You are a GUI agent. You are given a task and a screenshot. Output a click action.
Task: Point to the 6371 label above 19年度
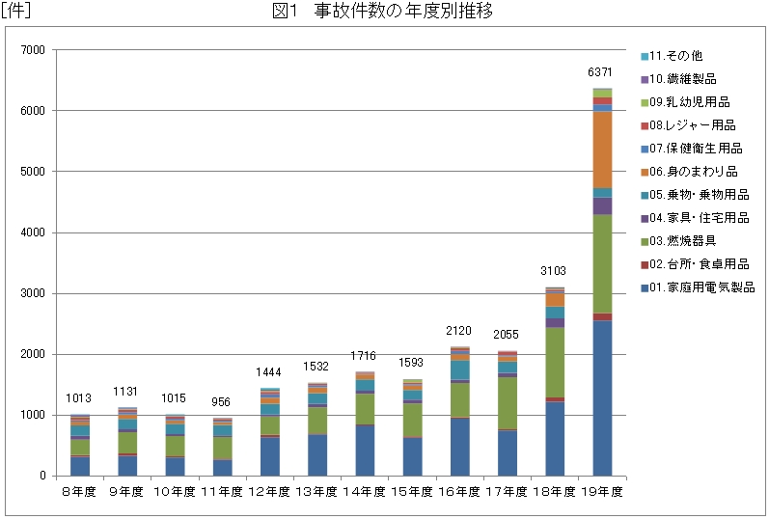pyautogui.click(x=601, y=73)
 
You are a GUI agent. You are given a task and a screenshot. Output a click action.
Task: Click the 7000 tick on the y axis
pyautogui.click(x=32, y=50)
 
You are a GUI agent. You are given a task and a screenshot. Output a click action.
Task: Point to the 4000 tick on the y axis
pyautogui.click(x=32, y=232)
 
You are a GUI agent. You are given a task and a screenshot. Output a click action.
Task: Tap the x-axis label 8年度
pyautogui.click(x=79, y=491)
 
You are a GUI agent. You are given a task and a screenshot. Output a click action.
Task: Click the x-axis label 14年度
pyautogui.click(x=365, y=491)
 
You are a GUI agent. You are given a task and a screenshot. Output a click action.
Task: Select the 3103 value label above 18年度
pyautogui.click(x=555, y=272)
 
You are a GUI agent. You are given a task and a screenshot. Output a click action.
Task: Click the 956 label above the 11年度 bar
pyautogui.click(x=222, y=402)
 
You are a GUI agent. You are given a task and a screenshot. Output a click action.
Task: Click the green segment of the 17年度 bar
pyautogui.click(x=508, y=403)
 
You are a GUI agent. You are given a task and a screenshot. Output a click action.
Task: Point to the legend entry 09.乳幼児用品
pyautogui.click(x=688, y=102)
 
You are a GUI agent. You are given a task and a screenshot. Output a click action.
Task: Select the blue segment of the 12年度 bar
pyautogui.click(x=270, y=456)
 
